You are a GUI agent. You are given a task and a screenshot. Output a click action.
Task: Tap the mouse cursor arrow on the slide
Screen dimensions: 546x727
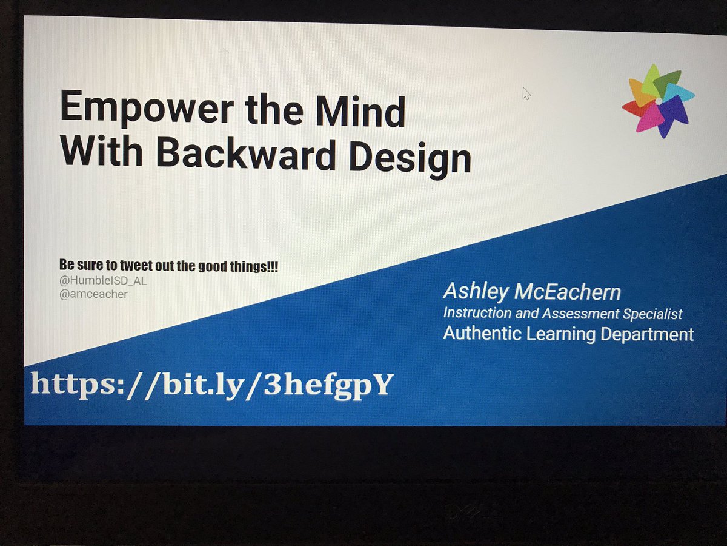pos(526,93)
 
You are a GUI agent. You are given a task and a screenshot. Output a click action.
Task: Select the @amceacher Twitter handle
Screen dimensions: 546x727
pos(93,295)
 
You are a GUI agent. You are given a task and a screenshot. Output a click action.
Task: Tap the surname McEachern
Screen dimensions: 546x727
pos(567,292)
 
